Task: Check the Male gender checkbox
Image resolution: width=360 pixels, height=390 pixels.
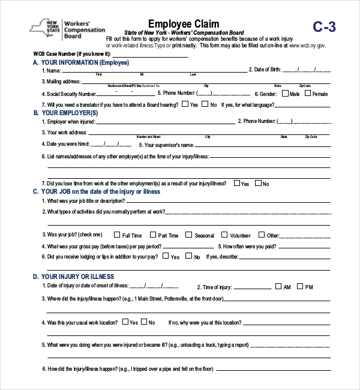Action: click(284, 94)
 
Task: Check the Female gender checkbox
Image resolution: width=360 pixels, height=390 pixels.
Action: click(307, 94)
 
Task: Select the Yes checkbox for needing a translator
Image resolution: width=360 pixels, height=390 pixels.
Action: click(184, 104)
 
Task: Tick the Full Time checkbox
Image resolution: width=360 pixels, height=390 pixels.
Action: click(117, 235)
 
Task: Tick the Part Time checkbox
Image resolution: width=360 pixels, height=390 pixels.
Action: click(153, 235)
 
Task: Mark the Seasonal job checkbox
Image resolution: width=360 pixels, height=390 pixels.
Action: click(188, 235)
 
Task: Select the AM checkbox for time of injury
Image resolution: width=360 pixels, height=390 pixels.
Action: click(278, 287)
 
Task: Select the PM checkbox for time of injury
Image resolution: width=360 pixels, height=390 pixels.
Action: click(299, 287)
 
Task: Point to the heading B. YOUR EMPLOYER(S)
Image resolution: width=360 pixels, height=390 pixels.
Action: click(65, 113)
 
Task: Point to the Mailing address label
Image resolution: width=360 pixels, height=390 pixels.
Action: click(61, 81)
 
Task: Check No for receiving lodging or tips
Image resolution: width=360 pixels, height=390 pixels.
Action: click(189, 256)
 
